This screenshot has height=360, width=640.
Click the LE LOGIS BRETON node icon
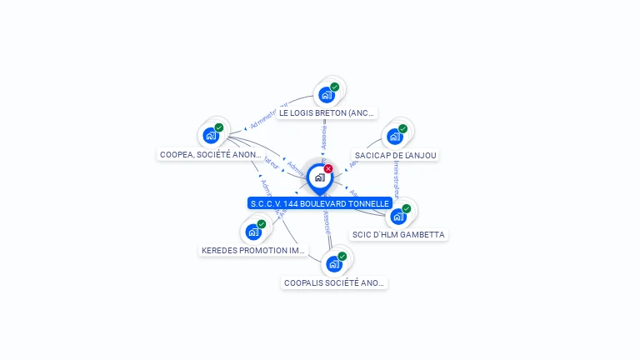click(x=326, y=95)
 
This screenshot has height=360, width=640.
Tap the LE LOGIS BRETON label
click(x=327, y=112)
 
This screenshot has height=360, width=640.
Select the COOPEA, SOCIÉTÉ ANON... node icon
click(x=211, y=135)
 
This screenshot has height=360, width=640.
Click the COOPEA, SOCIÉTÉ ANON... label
click(x=211, y=154)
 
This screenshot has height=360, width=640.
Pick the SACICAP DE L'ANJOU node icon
click(x=394, y=136)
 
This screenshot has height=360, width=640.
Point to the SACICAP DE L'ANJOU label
click(x=396, y=155)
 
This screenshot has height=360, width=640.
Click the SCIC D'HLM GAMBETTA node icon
click(x=398, y=216)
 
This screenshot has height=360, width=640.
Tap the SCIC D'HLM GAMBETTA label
click(x=398, y=235)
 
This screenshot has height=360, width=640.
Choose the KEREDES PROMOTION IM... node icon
click(x=253, y=232)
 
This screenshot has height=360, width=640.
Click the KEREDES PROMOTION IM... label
click(x=254, y=250)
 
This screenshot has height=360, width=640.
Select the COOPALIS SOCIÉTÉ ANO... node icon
click(x=334, y=264)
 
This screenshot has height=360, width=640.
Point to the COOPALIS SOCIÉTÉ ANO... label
click(x=335, y=283)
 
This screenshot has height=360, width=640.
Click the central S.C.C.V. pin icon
click(x=319, y=177)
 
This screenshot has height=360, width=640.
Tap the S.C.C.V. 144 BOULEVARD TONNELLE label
click(x=320, y=203)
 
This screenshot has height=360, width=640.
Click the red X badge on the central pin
click(x=328, y=169)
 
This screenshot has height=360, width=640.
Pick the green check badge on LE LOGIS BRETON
click(x=334, y=87)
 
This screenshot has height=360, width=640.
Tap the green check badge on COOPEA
click(x=219, y=127)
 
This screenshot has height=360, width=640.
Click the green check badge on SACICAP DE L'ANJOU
click(x=402, y=128)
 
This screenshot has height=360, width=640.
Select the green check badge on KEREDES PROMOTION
click(x=262, y=224)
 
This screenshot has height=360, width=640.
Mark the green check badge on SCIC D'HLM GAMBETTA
click(x=407, y=208)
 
